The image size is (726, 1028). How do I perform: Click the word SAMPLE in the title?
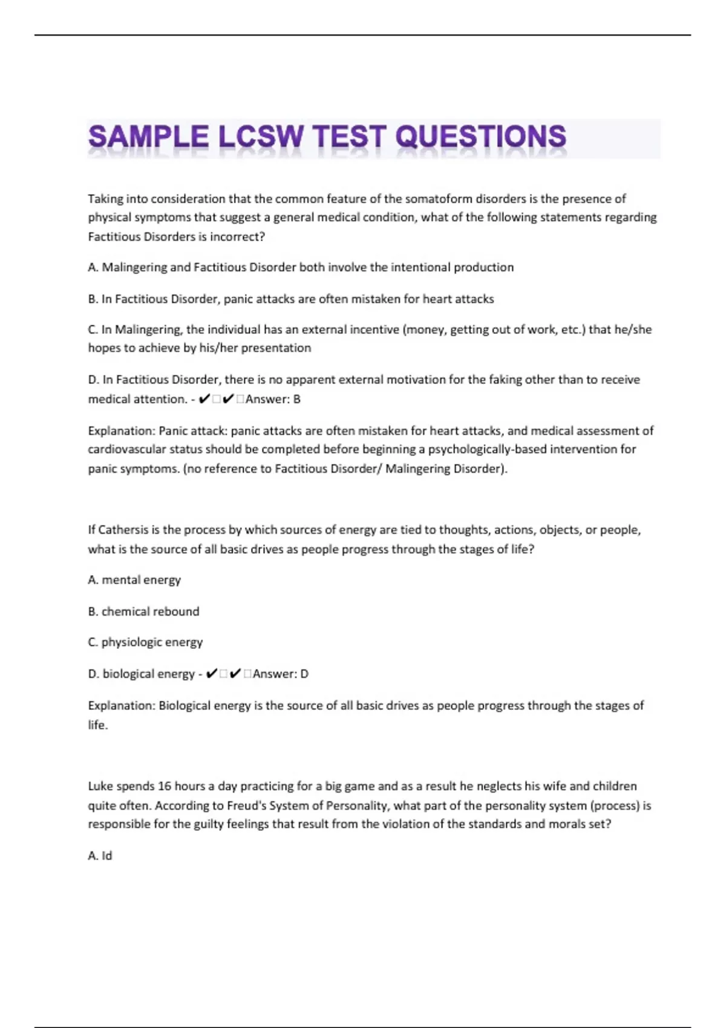coord(148,137)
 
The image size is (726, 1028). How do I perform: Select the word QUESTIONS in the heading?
coord(481,137)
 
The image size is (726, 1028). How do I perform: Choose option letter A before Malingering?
coord(93,267)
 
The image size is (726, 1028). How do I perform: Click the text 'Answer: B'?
coord(273,399)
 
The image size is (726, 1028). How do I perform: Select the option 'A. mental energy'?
coord(134,580)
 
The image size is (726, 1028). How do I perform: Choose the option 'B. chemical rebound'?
coord(143,611)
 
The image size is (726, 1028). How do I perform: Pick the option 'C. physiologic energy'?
coord(145,642)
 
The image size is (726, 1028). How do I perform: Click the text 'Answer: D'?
coord(280,674)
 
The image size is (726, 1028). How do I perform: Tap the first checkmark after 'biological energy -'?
coord(211,674)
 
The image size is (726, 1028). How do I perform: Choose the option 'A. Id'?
coord(100,856)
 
